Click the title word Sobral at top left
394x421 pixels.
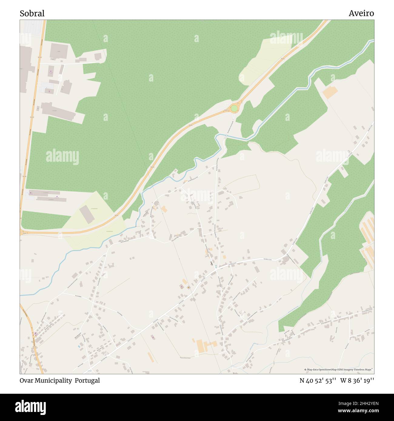point(32,13)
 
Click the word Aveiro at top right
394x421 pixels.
point(361,13)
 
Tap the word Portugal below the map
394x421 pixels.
point(87,380)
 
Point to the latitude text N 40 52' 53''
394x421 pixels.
point(318,380)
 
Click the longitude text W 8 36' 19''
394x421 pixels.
point(357,380)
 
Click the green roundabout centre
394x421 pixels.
point(234,108)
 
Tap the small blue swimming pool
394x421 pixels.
point(79,346)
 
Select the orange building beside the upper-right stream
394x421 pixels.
point(330,92)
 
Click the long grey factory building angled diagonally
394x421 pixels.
point(58,111)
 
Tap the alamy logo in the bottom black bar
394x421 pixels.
point(30,407)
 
